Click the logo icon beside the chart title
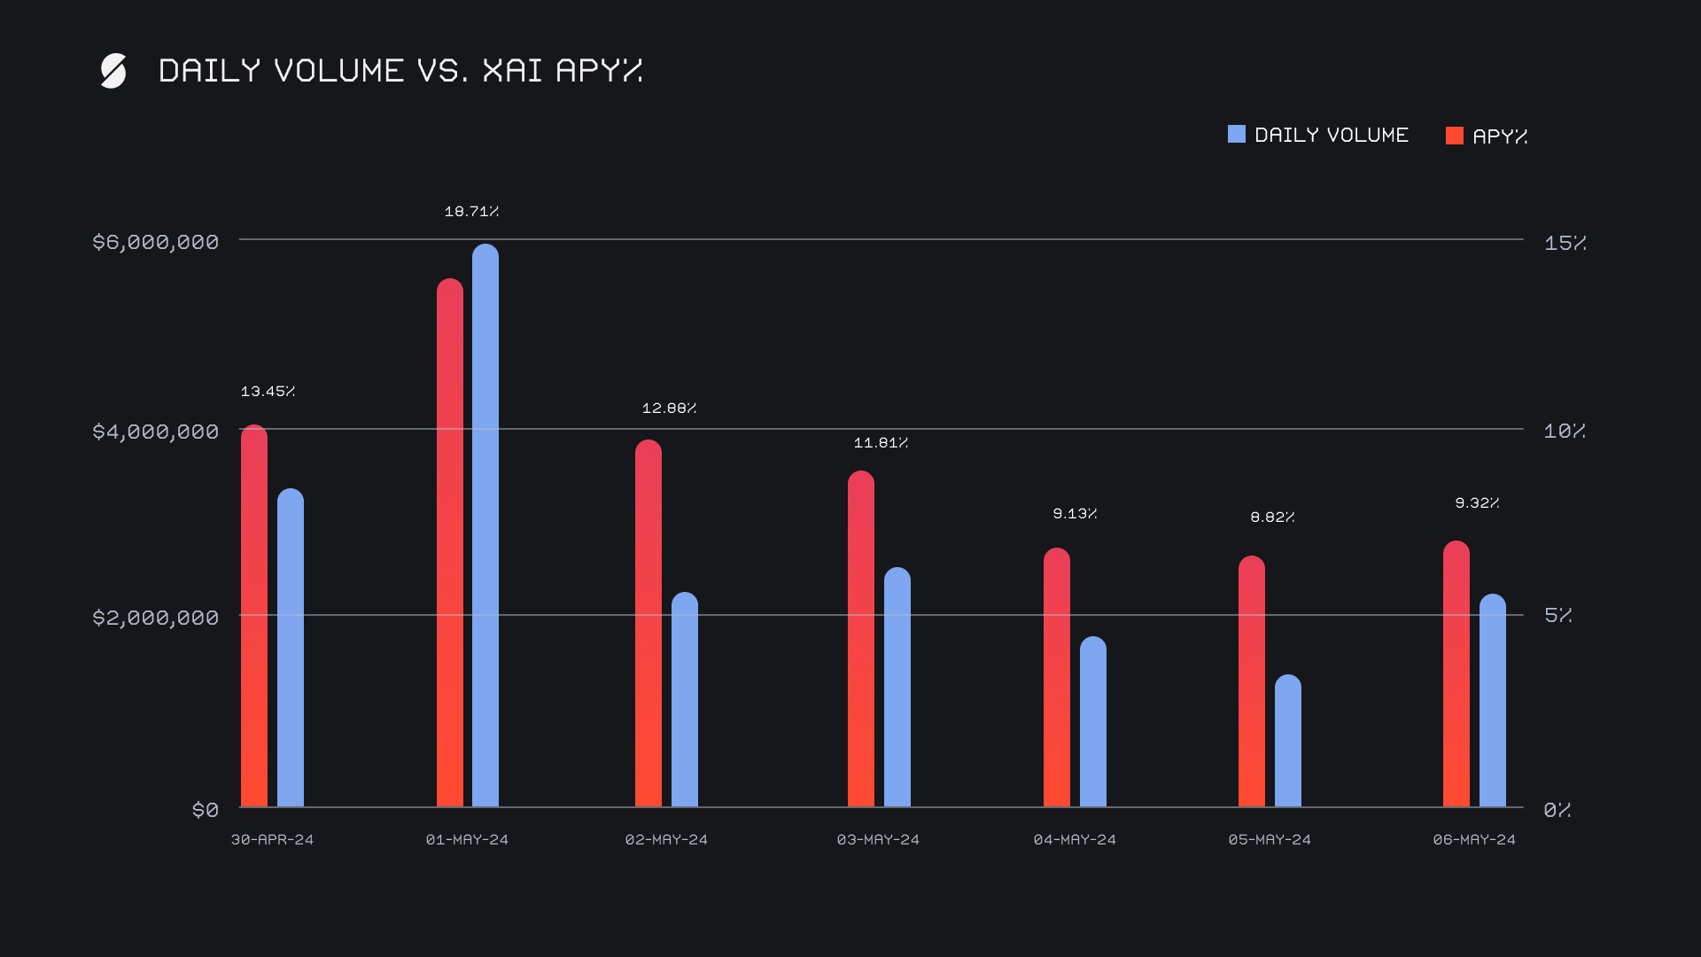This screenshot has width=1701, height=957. tap(113, 71)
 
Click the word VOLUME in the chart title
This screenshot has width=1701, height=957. tap(338, 71)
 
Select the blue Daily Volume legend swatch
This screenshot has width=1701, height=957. tap(1236, 134)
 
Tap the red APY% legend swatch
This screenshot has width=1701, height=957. tap(1454, 136)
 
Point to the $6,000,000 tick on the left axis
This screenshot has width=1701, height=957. tap(155, 242)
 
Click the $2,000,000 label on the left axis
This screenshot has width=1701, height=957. tap(155, 618)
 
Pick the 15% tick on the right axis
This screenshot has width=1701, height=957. tap(1564, 243)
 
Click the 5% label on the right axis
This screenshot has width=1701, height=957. tap(1557, 615)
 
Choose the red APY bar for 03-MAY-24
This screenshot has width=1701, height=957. tap(861, 639)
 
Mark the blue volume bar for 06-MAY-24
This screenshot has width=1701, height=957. tap(1493, 700)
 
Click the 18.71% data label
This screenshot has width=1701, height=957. tap(471, 212)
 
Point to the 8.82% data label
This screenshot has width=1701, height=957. tap(1272, 517)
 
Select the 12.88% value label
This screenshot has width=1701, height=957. tap(669, 408)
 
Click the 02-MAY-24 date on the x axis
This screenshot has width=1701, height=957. tap(666, 840)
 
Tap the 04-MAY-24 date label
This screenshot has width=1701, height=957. tap(1075, 840)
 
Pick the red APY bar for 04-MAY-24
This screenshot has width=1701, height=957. tap(1057, 677)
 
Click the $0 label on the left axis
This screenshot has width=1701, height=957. tap(206, 810)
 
